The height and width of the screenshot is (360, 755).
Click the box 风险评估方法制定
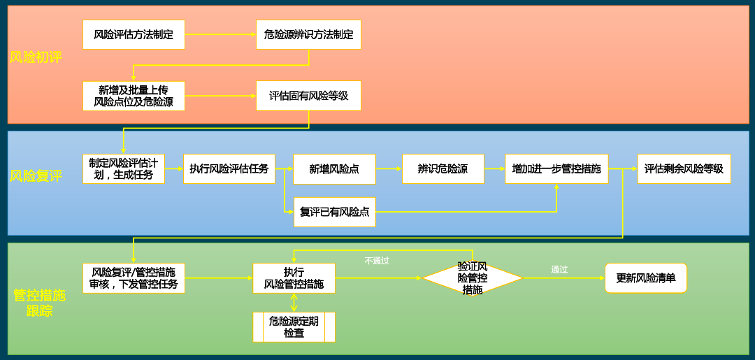coord(134,34)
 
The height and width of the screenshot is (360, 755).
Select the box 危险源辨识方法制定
coord(308,34)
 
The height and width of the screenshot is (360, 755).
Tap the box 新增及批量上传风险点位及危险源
coord(134,96)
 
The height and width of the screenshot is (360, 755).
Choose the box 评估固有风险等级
coord(308,96)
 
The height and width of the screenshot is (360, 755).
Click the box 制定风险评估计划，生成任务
coord(123,168)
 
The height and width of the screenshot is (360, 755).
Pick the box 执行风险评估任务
coord(229,168)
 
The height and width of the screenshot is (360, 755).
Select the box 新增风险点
coord(334,168)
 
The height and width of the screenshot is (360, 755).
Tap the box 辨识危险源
coord(443,168)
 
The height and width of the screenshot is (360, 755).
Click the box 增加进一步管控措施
coord(556,168)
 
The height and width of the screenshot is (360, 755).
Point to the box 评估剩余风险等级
coord(683,168)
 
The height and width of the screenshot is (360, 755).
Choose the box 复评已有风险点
coord(334,212)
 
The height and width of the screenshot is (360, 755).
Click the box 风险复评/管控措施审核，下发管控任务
coord(134,278)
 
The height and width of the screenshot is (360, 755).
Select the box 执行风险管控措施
coord(294,278)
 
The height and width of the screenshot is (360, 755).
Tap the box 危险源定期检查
coord(294,326)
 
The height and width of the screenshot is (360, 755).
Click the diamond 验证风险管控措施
coord(473,278)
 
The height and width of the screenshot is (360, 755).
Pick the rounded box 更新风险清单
coord(645,278)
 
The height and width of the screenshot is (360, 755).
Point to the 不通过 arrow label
coord(377,261)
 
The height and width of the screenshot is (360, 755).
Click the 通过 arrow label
coord(559,269)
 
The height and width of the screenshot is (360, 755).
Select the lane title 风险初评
coord(36,57)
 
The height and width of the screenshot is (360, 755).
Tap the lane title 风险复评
coord(36,175)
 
